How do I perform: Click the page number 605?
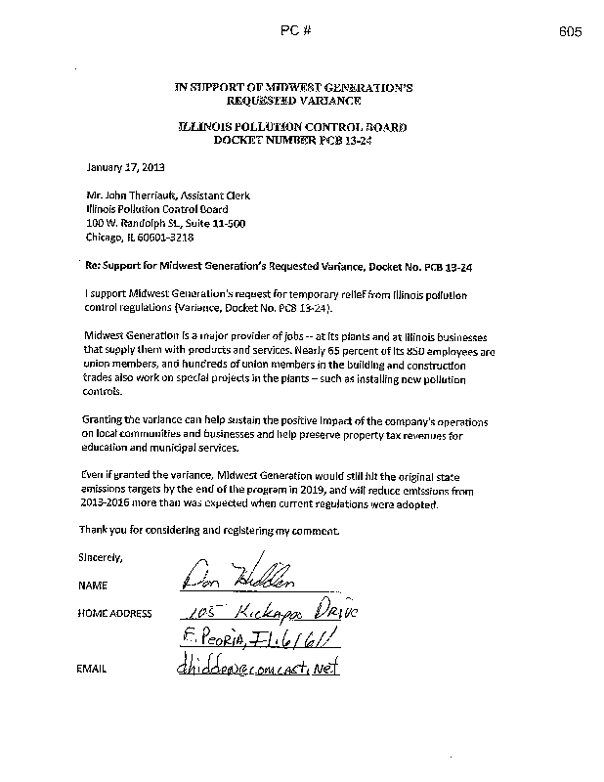tap(572, 31)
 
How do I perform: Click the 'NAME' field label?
tap(91, 586)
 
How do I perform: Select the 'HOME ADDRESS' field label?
tap(113, 614)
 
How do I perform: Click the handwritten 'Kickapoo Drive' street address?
tap(303, 610)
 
